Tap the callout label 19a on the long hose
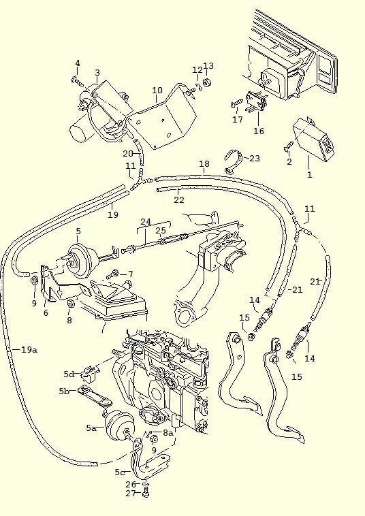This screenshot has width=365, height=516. pyautogui.click(x=28, y=349)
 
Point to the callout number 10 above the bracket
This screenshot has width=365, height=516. pyautogui.click(x=157, y=91)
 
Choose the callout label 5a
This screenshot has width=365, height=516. pyautogui.click(x=91, y=428)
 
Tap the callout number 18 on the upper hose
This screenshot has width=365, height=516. pyautogui.click(x=204, y=164)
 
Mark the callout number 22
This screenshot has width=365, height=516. pyautogui.click(x=178, y=199)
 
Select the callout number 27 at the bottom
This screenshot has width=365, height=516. pyautogui.click(x=131, y=494)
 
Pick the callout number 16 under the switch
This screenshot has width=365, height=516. pyautogui.click(x=258, y=131)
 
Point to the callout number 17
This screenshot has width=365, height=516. pyautogui.click(x=237, y=119)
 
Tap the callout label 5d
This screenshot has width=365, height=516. pyautogui.click(x=69, y=374)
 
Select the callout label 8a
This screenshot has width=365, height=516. pyautogui.click(x=168, y=432)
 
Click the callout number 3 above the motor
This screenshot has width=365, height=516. pyautogui.click(x=97, y=73)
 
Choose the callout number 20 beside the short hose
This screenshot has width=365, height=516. pyautogui.click(x=127, y=154)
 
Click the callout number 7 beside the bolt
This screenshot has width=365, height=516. pyautogui.click(x=130, y=274)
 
